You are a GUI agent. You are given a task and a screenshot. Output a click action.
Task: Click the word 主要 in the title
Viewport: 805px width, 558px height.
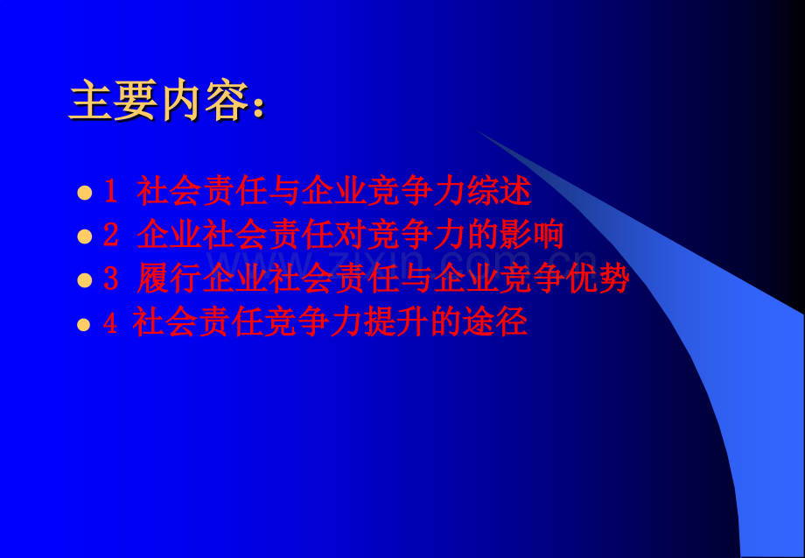(x=114, y=102)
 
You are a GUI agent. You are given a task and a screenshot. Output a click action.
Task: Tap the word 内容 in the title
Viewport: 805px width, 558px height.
(x=206, y=102)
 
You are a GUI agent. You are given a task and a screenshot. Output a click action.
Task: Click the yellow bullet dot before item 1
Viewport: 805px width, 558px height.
(x=84, y=192)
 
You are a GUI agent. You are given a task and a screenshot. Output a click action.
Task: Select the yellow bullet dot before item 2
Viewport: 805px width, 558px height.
(x=84, y=236)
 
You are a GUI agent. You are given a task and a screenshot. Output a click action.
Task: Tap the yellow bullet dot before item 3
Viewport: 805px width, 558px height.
(x=84, y=279)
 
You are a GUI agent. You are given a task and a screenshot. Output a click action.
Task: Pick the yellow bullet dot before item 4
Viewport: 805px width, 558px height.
(x=84, y=324)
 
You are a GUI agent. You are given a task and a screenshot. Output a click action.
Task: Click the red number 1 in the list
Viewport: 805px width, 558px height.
(x=110, y=191)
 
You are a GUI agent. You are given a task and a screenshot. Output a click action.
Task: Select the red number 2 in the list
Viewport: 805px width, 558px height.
(x=110, y=235)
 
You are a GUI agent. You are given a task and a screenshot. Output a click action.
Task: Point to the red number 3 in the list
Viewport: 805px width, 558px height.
(x=110, y=279)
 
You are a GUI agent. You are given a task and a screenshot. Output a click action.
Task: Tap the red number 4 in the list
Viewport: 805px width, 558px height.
(x=110, y=323)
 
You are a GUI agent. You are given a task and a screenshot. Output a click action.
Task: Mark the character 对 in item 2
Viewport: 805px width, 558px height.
(x=367, y=235)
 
